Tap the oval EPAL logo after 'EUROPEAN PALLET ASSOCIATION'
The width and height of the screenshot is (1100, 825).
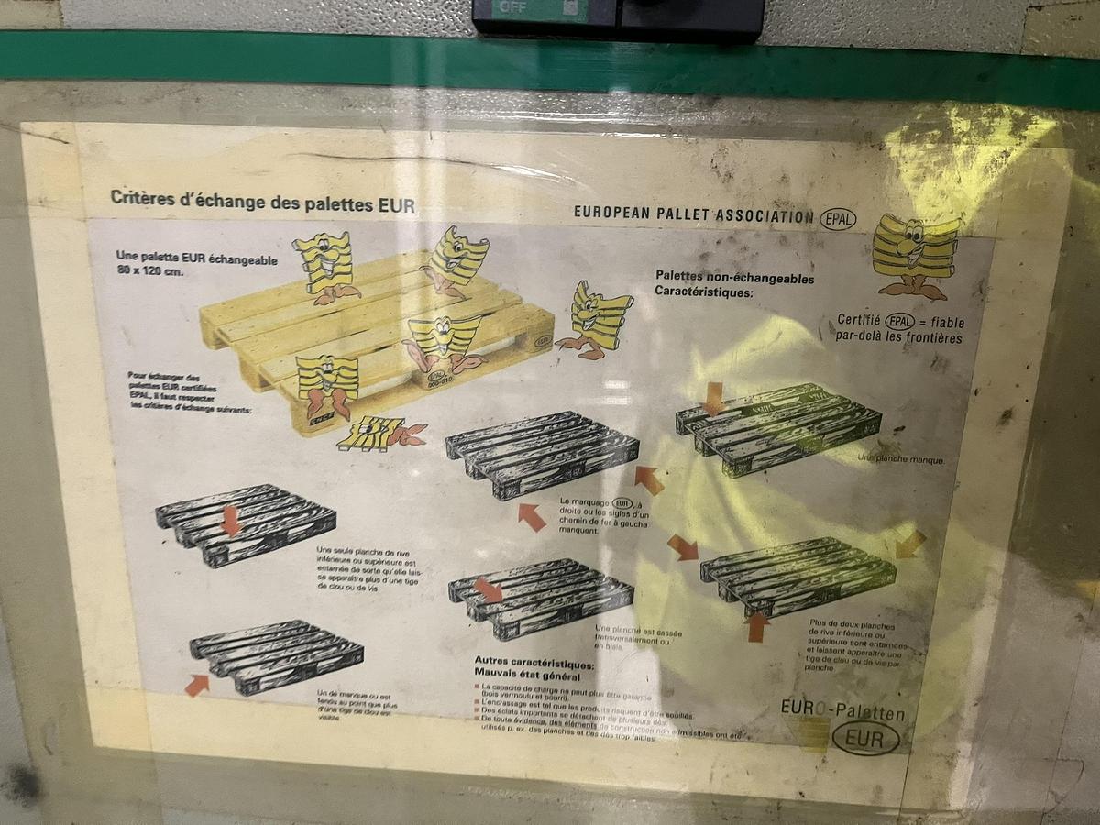click(x=838, y=218)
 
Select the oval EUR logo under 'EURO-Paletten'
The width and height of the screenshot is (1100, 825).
click(x=865, y=737)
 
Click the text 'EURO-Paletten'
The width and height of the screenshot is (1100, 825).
click(x=842, y=712)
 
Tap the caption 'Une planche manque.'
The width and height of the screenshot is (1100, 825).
click(x=901, y=458)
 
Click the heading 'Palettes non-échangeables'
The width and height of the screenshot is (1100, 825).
click(x=734, y=277)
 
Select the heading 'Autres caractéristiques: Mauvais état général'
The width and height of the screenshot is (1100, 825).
click(x=534, y=670)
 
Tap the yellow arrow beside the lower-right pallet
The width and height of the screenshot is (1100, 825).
click(x=909, y=544)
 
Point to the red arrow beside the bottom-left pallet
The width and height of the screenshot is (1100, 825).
click(x=196, y=685)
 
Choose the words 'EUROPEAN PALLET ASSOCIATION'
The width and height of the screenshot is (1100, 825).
click(x=693, y=214)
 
